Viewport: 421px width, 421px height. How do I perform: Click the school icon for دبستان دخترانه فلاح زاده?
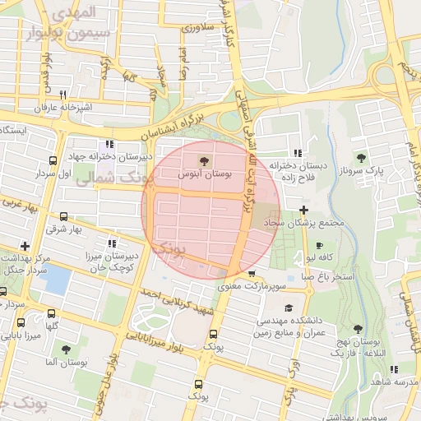coord(297,153)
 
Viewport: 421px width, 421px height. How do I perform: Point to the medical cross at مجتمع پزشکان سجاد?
coord(304,210)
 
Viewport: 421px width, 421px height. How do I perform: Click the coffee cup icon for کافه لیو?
coord(319,245)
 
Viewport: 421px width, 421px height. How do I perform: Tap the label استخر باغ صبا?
coord(326,276)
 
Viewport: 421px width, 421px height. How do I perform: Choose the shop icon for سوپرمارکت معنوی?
coord(251,274)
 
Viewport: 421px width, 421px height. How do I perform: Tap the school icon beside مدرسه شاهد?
coord(393,370)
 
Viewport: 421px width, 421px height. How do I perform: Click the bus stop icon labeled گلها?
coord(53,313)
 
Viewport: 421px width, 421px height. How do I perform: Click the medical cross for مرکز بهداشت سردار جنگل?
coord(25,245)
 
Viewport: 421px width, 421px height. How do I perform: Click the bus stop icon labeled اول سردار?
coord(53,161)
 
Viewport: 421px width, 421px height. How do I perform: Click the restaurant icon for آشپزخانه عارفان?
coord(62,95)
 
